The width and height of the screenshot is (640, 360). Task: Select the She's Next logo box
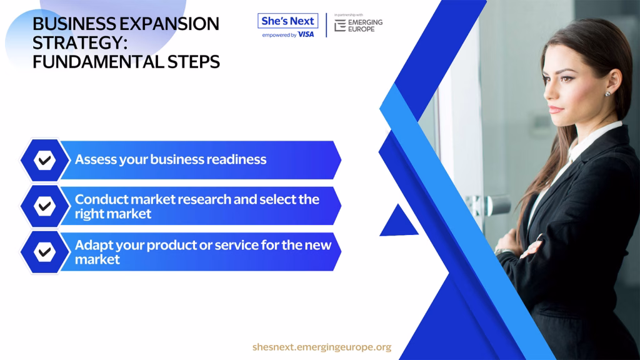(287, 21)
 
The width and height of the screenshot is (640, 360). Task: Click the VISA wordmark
(306, 35)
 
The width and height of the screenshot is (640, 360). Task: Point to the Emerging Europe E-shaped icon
(340, 26)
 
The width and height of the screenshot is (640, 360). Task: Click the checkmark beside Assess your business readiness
(45, 160)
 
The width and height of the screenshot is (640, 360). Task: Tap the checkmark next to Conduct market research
(45, 206)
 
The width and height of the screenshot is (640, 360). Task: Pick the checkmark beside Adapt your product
(45, 252)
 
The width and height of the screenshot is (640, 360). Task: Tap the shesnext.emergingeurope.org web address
(322, 347)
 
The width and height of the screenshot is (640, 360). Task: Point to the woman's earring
(607, 94)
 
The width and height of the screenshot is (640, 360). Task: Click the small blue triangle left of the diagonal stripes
(398, 222)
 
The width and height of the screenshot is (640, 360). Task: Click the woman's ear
(612, 81)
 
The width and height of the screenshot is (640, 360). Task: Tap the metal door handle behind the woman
(490, 204)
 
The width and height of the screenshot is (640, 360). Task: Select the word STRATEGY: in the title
(80, 43)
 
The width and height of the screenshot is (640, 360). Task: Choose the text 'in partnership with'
(349, 15)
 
